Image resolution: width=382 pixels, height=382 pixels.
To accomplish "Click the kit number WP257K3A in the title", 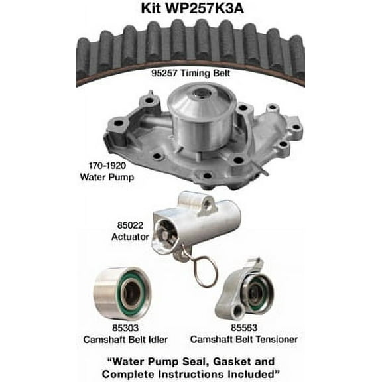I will [x=214, y=9].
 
